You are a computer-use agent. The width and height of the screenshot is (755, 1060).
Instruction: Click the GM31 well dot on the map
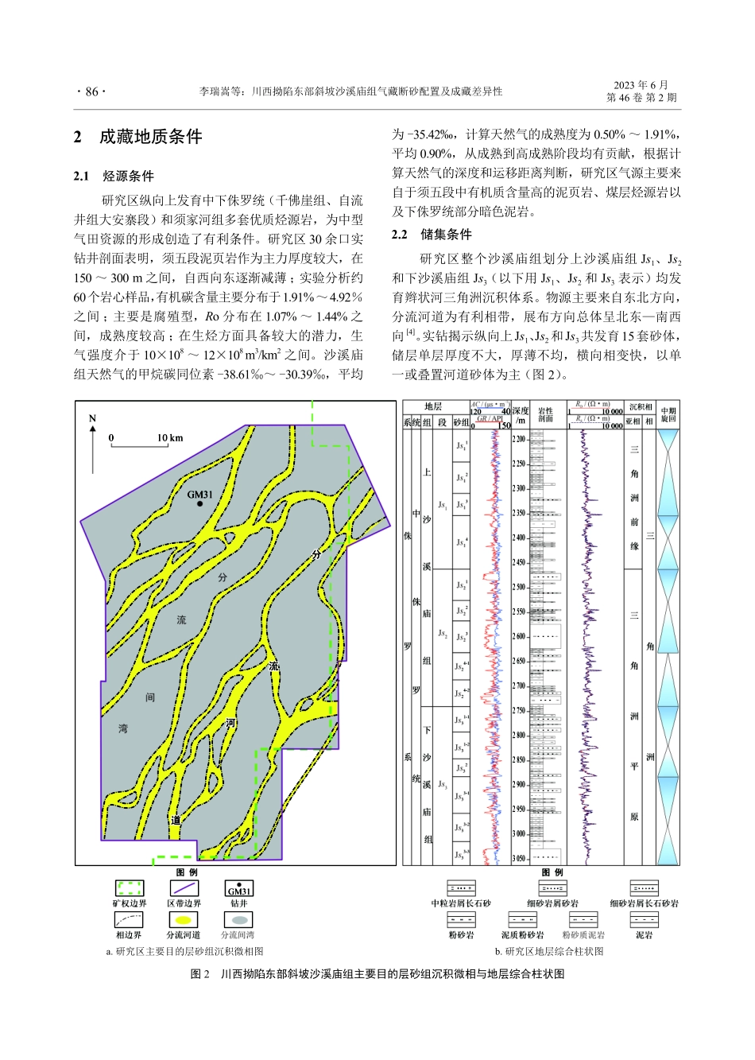200,504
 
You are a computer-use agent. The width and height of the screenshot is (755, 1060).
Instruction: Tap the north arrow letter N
92,420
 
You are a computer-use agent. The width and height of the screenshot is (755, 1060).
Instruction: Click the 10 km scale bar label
169,438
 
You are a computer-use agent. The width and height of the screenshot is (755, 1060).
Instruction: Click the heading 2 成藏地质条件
137,137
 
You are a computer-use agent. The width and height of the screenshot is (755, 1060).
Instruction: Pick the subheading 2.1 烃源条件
114,176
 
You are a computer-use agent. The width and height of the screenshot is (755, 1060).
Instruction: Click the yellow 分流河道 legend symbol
184,920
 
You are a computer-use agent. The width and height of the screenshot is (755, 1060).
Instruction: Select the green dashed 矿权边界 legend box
129,888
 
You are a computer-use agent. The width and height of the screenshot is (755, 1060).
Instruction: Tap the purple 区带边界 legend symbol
184,888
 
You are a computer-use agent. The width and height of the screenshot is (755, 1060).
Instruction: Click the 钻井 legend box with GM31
239,888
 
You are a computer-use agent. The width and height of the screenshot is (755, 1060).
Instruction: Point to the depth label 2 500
519,587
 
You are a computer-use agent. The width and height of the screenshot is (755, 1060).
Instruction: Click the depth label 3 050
519,859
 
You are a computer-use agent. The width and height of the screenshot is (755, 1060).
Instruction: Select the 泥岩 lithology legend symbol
644,920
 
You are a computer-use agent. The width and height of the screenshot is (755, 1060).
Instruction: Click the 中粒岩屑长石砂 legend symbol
461,888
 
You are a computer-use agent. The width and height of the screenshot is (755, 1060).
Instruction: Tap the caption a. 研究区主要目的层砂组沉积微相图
184,951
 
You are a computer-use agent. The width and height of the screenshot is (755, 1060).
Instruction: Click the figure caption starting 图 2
377,974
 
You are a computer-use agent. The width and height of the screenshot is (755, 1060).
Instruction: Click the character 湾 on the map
123,728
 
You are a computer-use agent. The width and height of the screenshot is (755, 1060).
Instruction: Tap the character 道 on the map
175,821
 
